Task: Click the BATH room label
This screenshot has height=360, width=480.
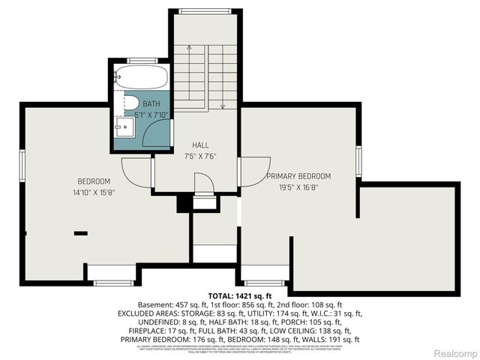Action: click(x=152, y=103)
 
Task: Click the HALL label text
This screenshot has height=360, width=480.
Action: click(x=200, y=145)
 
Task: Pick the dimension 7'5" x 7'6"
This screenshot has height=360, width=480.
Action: click(x=200, y=157)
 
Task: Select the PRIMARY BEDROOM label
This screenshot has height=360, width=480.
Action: click(x=298, y=176)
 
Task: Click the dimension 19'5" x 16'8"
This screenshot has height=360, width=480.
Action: click(x=298, y=187)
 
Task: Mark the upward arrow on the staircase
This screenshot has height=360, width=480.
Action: click(x=190, y=48)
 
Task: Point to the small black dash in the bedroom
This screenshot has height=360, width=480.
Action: click(x=80, y=233)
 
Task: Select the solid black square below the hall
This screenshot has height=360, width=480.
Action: click(x=181, y=202)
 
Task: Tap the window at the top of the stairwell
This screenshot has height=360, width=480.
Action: click(x=204, y=10)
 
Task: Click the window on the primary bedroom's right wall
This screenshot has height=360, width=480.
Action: click(x=359, y=160)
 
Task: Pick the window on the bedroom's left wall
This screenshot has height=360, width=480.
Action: click(x=22, y=163)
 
